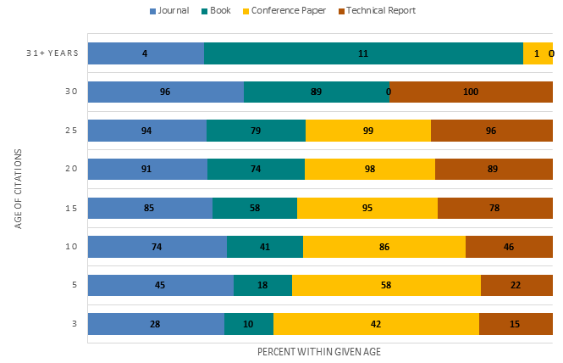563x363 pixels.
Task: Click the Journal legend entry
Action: click(173, 11)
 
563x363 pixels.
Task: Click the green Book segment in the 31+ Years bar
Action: click(363, 53)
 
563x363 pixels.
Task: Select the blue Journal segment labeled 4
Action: click(146, 53)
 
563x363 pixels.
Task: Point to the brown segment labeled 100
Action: click(471, 92)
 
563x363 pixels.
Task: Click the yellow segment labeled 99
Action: click(367, 131)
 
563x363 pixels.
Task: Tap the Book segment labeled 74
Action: click(256, 170)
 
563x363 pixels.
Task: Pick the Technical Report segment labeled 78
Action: click(494, 208)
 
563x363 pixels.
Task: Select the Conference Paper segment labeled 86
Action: click(384, 247)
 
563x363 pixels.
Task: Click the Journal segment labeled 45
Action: click(160, 285)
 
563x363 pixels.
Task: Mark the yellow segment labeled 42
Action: click(376, 324)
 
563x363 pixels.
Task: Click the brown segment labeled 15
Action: click(516, 324)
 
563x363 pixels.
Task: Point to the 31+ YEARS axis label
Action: click(53, 53)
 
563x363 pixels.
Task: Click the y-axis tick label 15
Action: click(72, 208)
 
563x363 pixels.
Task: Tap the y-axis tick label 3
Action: click(75, 324)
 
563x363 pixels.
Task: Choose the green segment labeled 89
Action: click(316, 92)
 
